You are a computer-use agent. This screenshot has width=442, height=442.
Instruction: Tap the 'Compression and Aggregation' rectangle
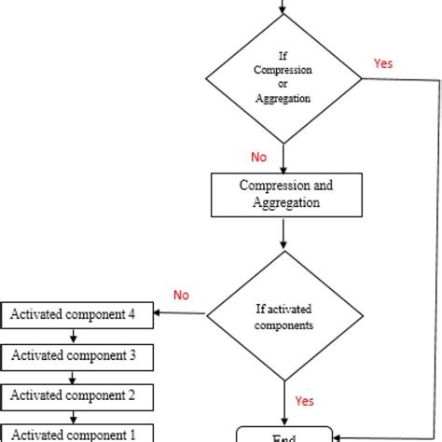(x=286, y=194)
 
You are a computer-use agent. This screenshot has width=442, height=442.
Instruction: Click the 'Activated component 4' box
(x=74, y=314)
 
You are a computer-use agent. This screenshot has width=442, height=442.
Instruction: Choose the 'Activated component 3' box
(x=74, y=355)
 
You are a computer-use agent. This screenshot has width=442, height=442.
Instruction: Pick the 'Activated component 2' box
(x=74, y=395)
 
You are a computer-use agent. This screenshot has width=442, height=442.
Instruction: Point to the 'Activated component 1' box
(x=74, y=434)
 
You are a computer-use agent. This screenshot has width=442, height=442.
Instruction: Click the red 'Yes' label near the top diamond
(x=383, y=63)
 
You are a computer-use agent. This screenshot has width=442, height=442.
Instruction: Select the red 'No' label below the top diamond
(x=260, y=157)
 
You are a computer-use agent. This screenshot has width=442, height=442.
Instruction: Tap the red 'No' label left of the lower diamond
(x=181, y=295)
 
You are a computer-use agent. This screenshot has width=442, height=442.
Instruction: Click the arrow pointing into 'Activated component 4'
(x=177, y=313)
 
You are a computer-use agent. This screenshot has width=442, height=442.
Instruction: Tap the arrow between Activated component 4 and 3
(x=74, y=335)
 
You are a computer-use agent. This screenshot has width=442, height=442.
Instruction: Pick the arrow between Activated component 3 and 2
(x=74, y=376)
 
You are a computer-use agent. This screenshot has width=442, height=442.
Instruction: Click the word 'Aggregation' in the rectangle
(x=286, y=202)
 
